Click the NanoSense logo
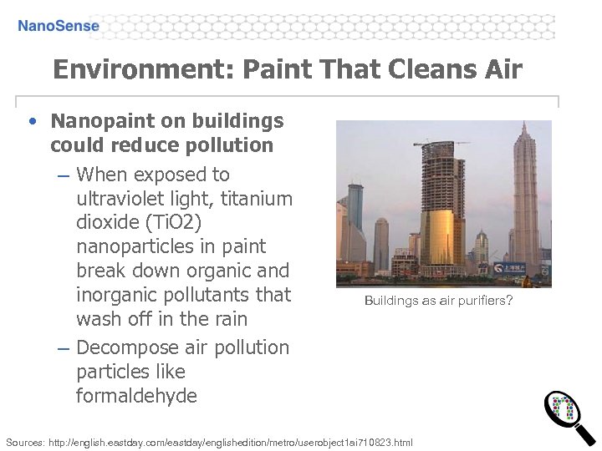click(59, 25)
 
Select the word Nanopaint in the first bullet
click(105, 121)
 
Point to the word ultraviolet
click(125, 199)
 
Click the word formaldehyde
click(136, 395)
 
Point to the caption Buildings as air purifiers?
click(437, 301)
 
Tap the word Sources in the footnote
click(27, 440)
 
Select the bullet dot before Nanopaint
click(33, 121)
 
